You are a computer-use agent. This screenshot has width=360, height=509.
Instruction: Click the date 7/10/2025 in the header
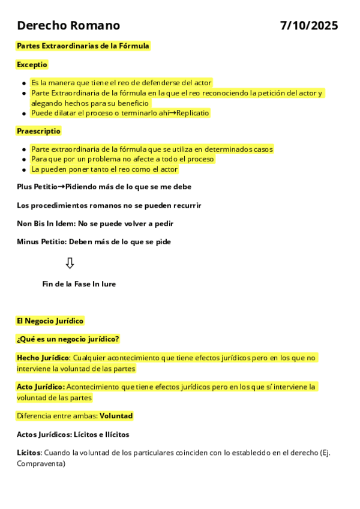309,26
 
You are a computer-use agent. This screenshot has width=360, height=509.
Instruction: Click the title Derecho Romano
68,26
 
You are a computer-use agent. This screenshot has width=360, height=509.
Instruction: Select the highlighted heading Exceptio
32,64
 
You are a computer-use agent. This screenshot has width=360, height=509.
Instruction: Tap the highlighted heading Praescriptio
38,131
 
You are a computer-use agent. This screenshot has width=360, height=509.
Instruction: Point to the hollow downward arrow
70,263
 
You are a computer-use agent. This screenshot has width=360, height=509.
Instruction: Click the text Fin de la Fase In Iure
79,284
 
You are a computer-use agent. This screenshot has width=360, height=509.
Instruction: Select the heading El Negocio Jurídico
50,321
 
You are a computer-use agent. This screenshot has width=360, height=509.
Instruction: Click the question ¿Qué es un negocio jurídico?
68,339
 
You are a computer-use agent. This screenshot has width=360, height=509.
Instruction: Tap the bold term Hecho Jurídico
43,358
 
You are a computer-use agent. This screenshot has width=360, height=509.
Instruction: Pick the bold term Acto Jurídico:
41,387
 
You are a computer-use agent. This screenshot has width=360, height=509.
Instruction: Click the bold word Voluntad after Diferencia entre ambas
116,416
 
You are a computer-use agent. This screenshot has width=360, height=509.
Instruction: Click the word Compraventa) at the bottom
41,463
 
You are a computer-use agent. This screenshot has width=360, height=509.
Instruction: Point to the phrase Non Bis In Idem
46,223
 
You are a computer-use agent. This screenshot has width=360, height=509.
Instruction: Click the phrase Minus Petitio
41,242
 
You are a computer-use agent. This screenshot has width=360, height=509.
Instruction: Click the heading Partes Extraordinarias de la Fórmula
83,46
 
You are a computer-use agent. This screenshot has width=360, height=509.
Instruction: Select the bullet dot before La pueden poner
23,170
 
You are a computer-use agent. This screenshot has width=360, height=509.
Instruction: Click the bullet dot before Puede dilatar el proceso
23,113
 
